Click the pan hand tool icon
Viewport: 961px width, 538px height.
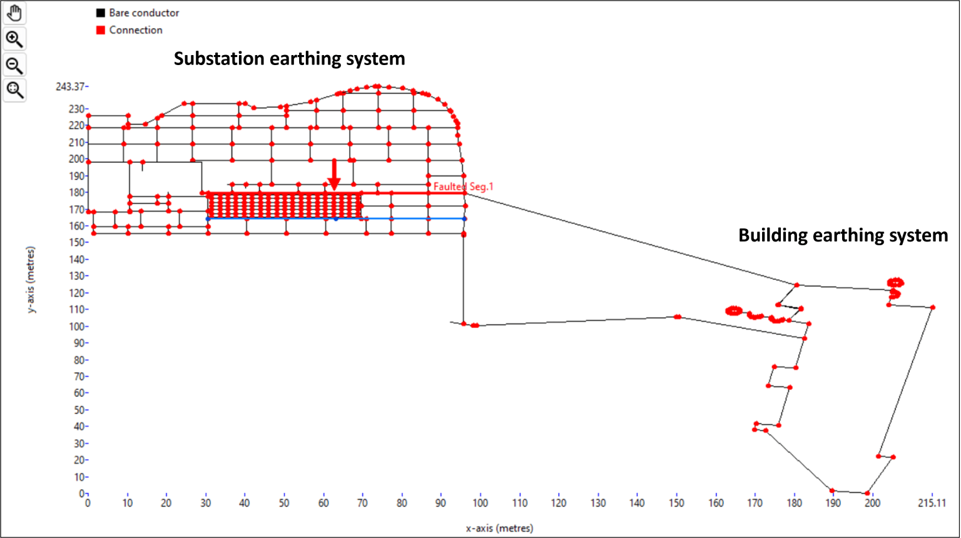pos(15,13)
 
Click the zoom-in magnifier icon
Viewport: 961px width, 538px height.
pos(15,39)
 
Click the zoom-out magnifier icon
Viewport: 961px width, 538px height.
pos(15,65)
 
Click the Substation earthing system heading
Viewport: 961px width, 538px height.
pos(289,59)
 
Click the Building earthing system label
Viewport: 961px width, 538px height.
pos(843,235)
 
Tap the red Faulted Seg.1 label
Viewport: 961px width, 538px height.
pos(464,186)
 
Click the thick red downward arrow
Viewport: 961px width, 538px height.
pos(334,175)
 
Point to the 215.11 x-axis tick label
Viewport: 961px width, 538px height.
pos(932,503)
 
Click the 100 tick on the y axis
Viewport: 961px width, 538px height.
pos(76,327)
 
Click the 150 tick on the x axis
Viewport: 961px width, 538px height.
pos(676,503)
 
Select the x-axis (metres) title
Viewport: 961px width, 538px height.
pos(499,528)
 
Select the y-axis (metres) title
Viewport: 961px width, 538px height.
pos(31,280)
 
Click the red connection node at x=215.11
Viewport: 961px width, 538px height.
pos(932,307)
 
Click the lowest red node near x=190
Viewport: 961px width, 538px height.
pos(832,490)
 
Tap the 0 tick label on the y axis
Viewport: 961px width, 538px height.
pos(81,494)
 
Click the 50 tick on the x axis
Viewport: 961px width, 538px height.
pos(284,503)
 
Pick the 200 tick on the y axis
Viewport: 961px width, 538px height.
pos(76,159)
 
